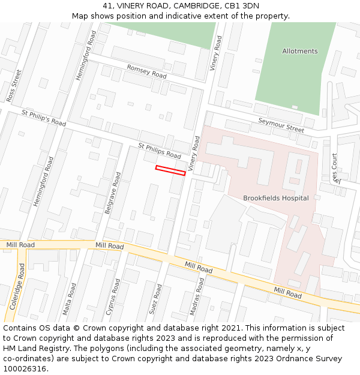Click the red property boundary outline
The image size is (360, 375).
170,170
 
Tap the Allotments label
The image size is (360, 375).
299,52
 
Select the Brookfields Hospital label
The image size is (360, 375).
275,198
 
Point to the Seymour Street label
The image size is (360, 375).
281,124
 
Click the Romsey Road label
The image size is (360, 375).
146,71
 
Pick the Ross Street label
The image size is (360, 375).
13,85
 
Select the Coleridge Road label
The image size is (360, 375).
16,286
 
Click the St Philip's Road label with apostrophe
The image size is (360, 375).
43,118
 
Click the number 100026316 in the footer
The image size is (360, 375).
25,369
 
